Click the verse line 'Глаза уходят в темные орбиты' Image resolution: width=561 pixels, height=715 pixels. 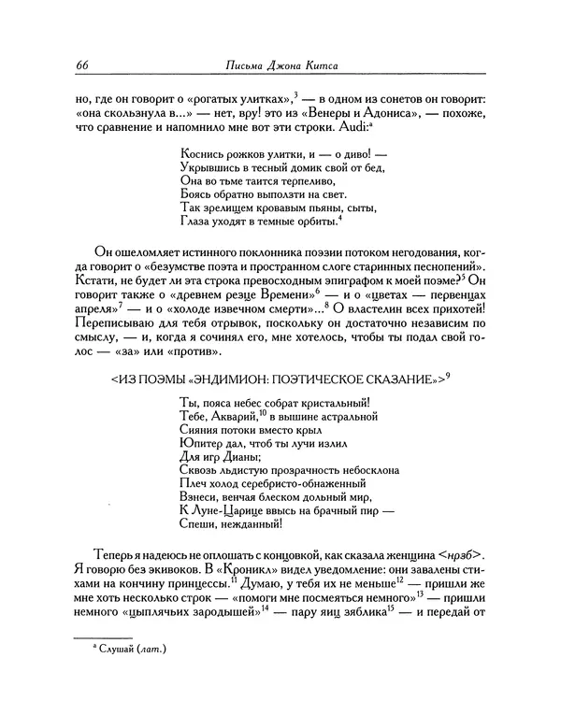(x=261, y=222)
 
